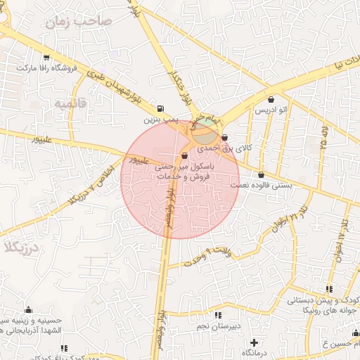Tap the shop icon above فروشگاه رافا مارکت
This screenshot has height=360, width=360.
(47, 58)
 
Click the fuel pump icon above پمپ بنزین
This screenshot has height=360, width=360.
(162, 109)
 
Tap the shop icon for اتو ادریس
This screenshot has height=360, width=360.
(271, 99)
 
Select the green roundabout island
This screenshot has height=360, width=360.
(205, 129)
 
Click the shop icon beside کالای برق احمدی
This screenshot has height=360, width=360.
(224, 138)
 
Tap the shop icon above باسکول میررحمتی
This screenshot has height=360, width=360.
(184, 155)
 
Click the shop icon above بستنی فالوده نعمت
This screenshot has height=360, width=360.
(262, 174)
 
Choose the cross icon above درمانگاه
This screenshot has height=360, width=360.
(253, 342)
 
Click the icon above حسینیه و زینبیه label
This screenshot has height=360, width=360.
(29, 309)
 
